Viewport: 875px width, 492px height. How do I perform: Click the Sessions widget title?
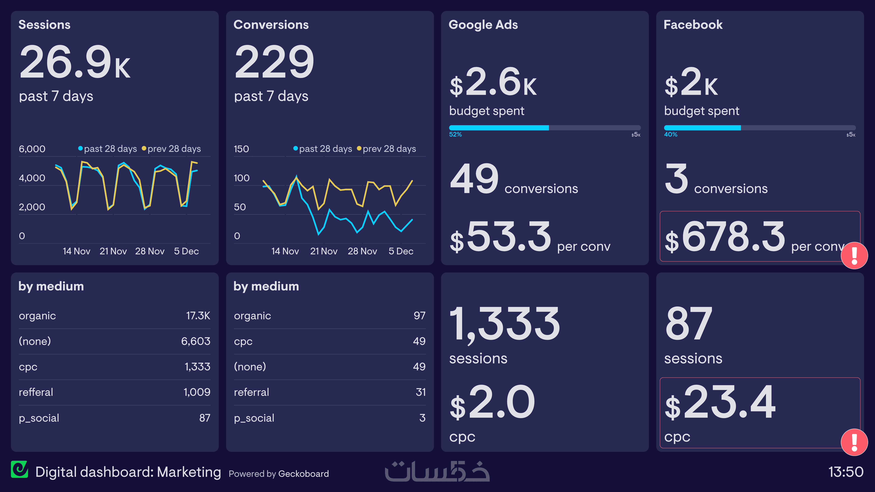tap(44, 25)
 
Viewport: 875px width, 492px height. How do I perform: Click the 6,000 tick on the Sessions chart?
tap(32, 149)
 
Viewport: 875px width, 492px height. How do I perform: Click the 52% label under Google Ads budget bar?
tap(455, 134)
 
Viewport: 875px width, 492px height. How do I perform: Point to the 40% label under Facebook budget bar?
tap(670, 134)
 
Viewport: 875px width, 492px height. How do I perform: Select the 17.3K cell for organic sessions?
tap(198, 316)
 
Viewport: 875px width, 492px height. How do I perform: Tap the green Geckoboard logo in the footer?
tap(19, 470)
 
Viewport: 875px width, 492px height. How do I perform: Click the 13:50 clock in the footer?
tap(845, 472)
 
